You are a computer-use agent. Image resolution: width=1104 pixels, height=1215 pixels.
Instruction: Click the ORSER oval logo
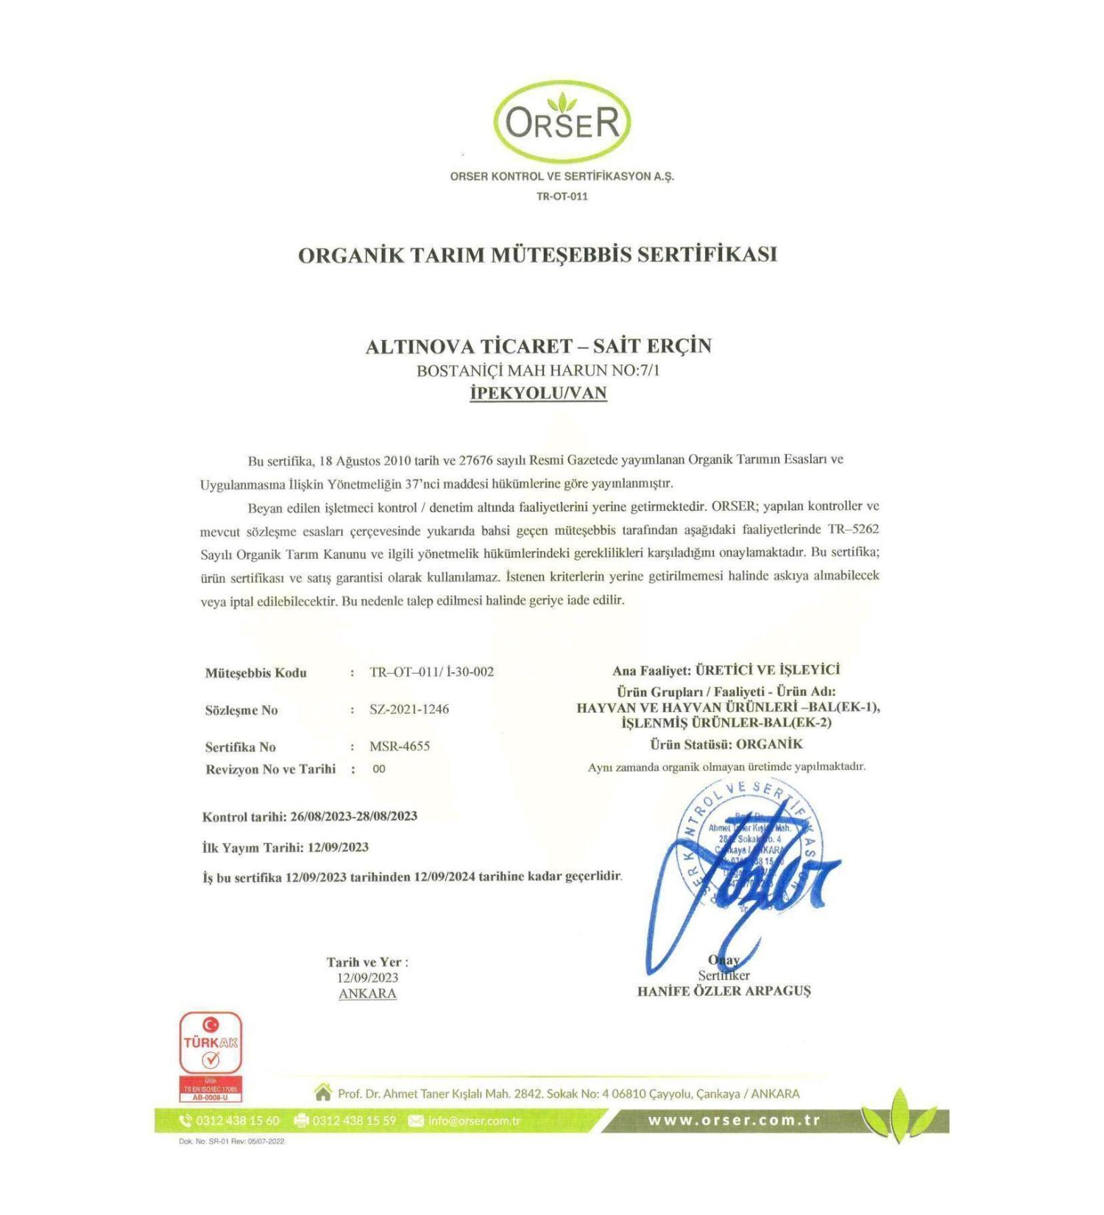[562, 122]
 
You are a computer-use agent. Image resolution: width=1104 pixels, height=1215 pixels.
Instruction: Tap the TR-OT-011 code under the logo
[562, 197]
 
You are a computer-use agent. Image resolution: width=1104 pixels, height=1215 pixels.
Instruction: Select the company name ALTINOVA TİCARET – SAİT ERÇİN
[538, 346]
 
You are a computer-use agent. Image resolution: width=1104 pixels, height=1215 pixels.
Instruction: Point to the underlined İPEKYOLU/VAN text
[538, 392]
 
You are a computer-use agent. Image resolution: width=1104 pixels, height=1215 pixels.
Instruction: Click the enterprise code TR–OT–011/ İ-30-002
[431, 672]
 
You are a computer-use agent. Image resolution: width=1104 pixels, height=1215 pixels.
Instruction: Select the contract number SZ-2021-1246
[409, 709]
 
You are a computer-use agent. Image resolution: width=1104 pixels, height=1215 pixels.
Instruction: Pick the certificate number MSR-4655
[400, 746]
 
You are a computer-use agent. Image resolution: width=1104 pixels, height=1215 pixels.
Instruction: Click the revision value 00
[379, 769]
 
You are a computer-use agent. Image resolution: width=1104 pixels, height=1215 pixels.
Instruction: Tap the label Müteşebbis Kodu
[255, 673]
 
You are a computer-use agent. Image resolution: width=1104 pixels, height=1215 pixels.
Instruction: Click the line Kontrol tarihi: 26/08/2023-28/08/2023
[310, 816]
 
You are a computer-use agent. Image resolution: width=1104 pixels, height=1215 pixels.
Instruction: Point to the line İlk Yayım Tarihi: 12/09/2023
[286, 848]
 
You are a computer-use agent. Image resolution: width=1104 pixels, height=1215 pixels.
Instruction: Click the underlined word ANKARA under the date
[367, 993]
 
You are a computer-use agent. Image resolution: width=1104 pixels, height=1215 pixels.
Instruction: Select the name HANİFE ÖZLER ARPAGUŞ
[723, 991]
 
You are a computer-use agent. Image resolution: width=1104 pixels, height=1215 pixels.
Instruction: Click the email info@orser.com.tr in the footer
[474, 1121]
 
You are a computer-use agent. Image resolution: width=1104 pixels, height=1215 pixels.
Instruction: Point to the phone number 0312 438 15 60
[237, 1121]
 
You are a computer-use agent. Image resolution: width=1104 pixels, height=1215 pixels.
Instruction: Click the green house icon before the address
[322, 1093]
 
